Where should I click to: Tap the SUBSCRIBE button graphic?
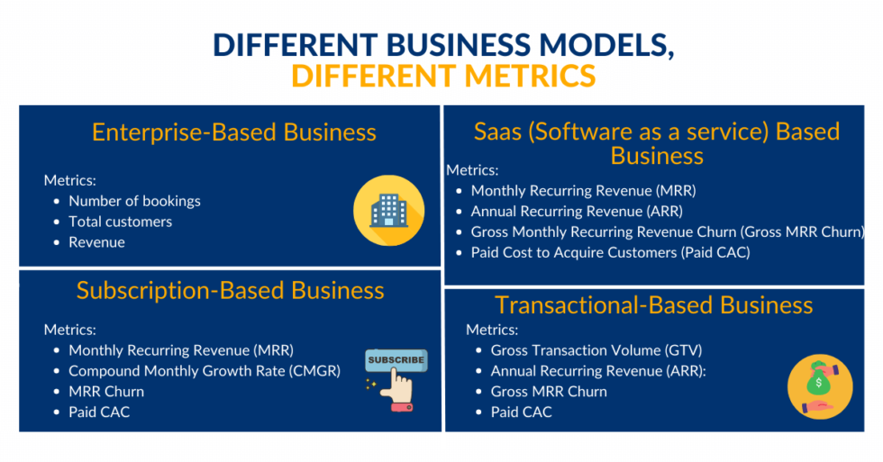[396, 360]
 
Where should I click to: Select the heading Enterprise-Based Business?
[233, 132]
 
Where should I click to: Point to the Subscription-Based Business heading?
[230, 290]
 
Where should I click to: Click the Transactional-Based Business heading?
[653, 304]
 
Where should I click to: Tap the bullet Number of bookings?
[134, 201]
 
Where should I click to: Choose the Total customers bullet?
[120, 222]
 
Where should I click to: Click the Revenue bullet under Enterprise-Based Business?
[96, 242]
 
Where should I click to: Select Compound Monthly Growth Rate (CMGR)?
[205, 371]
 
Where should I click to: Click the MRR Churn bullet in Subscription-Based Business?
[106, 392]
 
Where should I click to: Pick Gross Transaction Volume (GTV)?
[596, 350]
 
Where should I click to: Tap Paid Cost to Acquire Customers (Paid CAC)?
[610, 252]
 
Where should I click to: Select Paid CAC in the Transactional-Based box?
[521, 412]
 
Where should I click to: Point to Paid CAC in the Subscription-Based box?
[99, 412]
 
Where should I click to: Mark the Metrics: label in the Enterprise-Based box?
[69, 180]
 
